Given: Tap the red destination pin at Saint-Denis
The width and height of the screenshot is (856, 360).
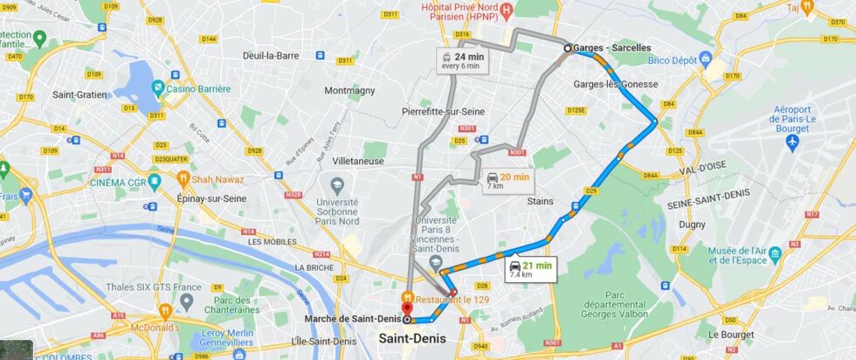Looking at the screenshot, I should coord(406,304).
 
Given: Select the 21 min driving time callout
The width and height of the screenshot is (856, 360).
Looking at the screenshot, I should coord(531,270).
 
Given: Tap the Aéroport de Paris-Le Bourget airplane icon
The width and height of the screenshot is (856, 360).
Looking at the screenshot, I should coord(792,142).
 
